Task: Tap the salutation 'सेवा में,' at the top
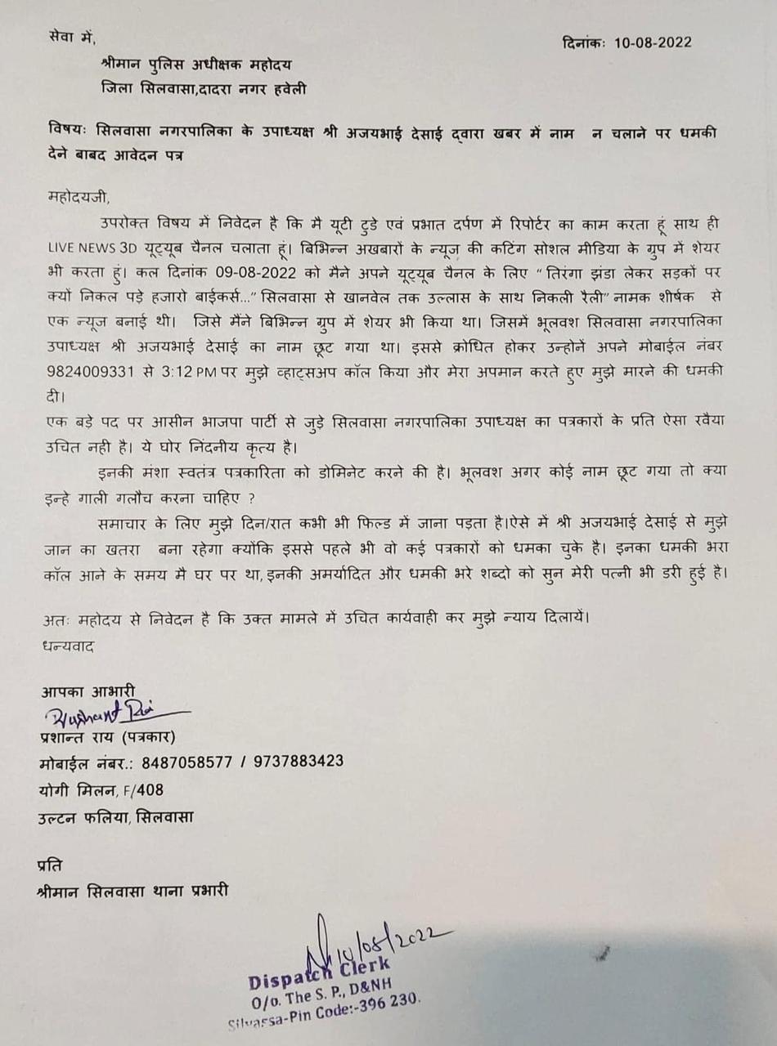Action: (71, 38)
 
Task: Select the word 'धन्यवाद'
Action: (69, 646)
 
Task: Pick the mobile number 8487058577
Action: (182, 762)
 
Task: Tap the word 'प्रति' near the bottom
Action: (51, 865)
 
